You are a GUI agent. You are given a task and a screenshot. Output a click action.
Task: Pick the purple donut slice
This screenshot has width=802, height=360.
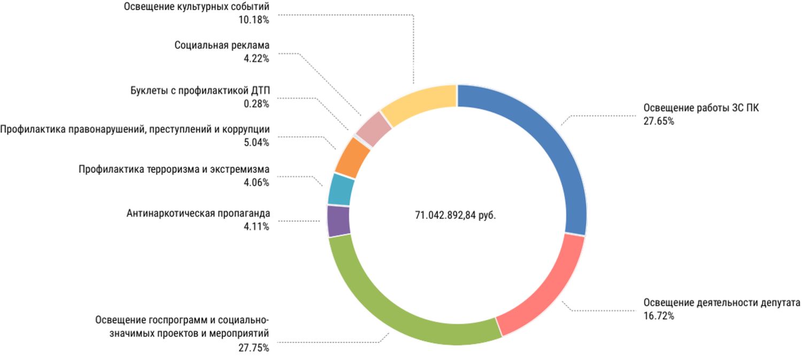click(x=338, y=221)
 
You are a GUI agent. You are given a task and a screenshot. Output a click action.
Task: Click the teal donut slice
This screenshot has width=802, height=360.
click(x=341, y=189)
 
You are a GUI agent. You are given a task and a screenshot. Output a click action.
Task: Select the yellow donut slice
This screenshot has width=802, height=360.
click(x=417, y=104)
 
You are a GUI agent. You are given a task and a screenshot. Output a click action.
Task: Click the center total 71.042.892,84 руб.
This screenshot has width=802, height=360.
click(x=456, y=215)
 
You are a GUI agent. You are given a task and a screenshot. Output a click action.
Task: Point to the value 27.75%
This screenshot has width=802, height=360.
click(x=254, y=348)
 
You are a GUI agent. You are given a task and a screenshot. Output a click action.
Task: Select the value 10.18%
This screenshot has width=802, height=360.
click(x=254, y=20)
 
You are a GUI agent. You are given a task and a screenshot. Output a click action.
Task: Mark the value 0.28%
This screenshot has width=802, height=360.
click(x=256, y=104)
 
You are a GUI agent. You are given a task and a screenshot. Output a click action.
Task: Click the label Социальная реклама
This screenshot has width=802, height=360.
click(x=222, y=45)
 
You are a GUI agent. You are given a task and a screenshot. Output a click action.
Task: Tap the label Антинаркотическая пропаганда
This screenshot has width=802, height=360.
click(x=198, y=213)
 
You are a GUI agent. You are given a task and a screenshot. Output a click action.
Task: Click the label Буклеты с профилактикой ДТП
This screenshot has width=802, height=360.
click(x=200, y=90)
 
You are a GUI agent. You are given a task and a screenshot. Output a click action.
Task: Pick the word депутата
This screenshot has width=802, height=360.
click(x=780, y=302)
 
